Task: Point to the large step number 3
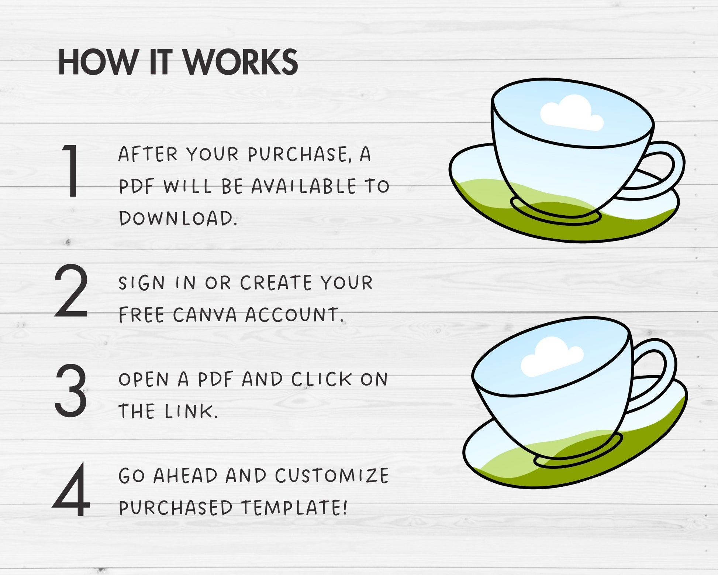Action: pos(71,390)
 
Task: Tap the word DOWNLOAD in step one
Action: pos(178,218)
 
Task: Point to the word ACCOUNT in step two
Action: pos(294,315)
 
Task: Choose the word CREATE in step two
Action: pos(276,283)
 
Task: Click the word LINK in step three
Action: pos(191,411)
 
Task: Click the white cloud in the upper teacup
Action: pos(572,113)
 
